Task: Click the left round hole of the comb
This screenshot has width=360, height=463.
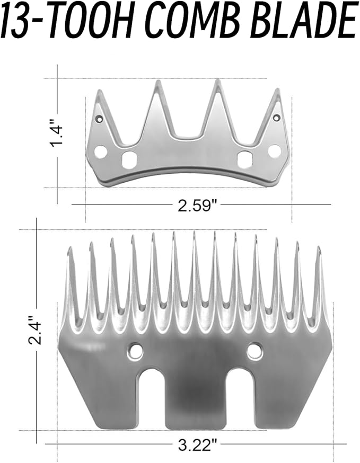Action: pos(135,350)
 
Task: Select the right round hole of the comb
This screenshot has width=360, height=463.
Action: pos(254,350)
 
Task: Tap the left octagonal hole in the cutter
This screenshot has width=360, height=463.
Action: pos(129,159)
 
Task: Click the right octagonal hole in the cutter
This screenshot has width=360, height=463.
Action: pos(245,158)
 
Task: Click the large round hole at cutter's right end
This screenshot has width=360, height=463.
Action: pos(274,152)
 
